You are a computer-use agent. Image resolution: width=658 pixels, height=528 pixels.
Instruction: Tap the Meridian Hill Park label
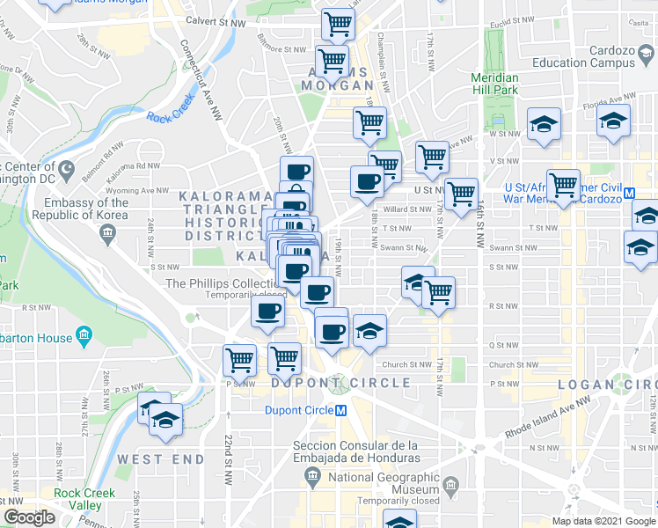(493, 84)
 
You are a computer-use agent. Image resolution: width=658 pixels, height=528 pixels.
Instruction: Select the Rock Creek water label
(168, 115)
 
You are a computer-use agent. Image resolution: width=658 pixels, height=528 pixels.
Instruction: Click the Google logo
(29, 517)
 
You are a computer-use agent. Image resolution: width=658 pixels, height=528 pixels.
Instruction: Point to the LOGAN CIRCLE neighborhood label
(608, 384)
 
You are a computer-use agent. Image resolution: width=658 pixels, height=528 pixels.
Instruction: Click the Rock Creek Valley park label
(84, 498)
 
